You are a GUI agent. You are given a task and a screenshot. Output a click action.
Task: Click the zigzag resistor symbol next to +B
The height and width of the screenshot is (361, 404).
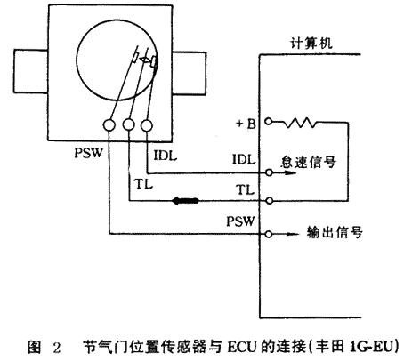point(300,123)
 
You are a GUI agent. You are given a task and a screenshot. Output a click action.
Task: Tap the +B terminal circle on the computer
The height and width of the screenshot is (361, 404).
point(268,122)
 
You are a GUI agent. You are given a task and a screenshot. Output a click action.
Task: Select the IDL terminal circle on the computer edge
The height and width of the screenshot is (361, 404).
point(269,172)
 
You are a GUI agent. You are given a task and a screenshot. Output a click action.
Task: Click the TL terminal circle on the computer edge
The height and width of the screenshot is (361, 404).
point(269,201)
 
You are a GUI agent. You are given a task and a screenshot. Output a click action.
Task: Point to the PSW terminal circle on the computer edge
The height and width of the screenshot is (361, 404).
point(269,234)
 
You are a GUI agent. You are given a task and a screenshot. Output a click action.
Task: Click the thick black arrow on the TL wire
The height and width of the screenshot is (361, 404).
point(186,201)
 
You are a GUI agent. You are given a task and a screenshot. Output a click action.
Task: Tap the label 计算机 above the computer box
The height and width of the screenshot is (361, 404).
point(311,44)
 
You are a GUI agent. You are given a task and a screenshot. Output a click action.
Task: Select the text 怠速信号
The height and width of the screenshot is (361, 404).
point(309,162)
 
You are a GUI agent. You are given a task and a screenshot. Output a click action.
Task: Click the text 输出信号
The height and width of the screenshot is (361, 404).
point(335,232)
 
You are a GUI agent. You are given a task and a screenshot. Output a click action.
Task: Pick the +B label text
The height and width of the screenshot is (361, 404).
point(246,124)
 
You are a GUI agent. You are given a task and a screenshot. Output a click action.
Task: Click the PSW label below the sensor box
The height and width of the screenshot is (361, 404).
point(88,153)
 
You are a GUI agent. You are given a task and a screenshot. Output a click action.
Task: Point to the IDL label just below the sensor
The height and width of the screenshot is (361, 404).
point(166,156)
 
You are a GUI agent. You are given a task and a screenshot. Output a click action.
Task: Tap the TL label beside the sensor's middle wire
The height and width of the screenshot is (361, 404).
point(144,184)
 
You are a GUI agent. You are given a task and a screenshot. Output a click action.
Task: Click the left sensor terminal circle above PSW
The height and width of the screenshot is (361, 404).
point(109,125)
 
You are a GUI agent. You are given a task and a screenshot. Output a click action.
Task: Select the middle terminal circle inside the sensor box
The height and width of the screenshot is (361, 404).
point(128,125)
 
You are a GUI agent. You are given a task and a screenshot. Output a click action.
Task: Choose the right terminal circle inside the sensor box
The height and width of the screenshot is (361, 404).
point(147,125)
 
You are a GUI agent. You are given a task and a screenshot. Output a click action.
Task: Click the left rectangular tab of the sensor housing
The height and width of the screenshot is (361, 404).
point(31,71)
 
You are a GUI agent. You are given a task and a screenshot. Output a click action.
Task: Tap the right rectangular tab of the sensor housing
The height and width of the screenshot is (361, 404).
point(190,74)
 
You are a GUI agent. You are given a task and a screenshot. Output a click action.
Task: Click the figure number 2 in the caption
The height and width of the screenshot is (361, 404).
point(57,348)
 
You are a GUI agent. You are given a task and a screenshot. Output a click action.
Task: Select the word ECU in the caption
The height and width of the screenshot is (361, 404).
point(242,347)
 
